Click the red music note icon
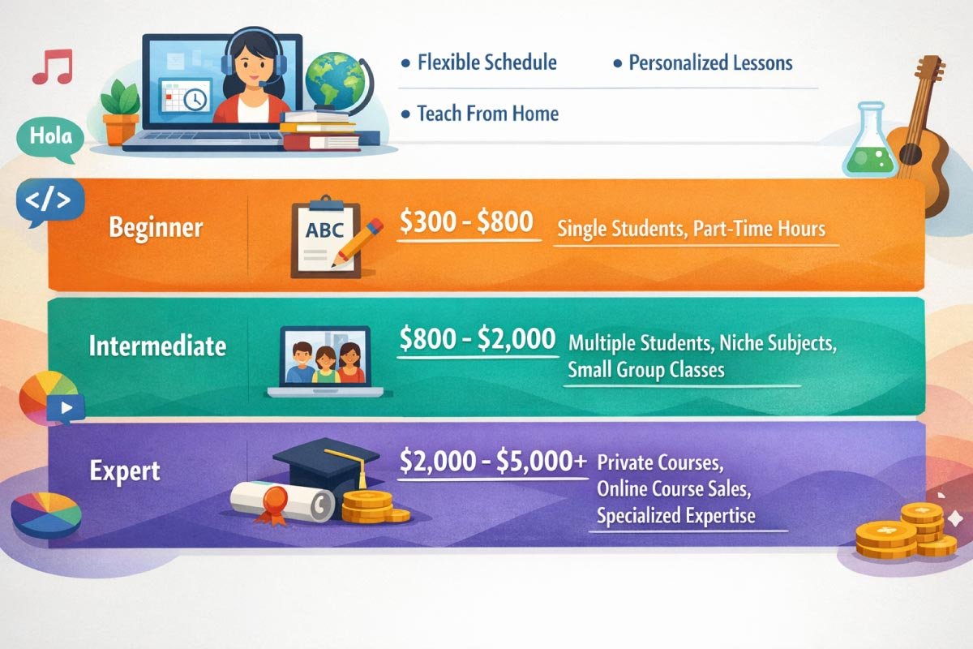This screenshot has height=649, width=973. point(53,67)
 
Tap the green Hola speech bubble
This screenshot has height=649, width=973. point(50,139)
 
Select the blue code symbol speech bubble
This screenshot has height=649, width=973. point(49,201)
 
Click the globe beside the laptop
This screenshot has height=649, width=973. point(333,80)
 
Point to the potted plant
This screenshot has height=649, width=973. point(120,112)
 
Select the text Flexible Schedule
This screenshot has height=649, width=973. point(487,62)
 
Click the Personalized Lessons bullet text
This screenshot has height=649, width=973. point(710,63)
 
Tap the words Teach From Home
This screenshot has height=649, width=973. point(488,114)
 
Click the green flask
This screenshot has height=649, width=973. point(869,140)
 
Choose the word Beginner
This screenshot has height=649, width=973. point(156,227)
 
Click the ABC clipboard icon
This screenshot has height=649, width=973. point(327,237)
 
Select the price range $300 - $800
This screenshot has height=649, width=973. point(466,221)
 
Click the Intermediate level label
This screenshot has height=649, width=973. point(157,346)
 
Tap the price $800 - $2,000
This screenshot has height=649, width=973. point(478,339)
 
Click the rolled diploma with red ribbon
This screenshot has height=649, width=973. point(281,502)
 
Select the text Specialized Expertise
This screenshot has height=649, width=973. point(676,516)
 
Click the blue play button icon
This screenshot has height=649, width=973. point(66,408)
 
